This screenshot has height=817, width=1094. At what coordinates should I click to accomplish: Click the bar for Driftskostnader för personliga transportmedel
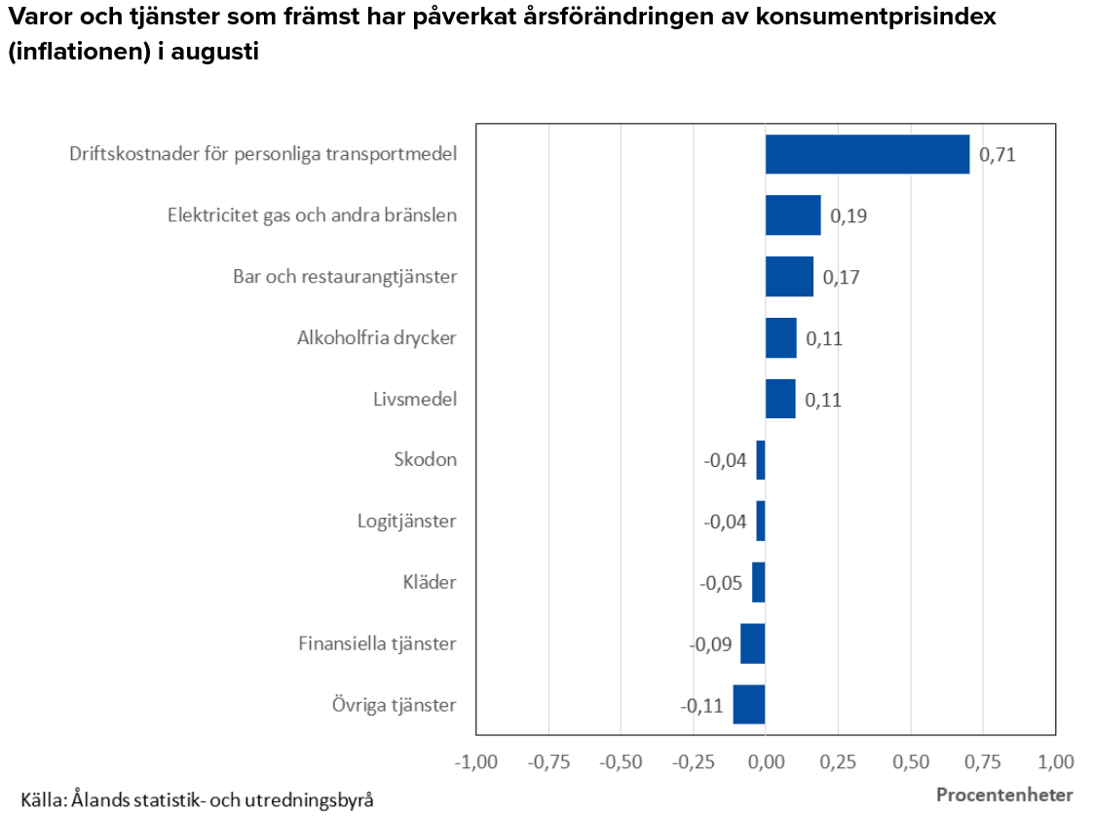click(867, 154)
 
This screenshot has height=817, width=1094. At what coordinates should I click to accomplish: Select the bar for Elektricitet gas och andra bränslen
click(793, 215)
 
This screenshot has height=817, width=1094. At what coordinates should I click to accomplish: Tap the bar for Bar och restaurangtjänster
click(789, 277)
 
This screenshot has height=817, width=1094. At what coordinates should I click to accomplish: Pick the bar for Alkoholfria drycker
click(780, 338)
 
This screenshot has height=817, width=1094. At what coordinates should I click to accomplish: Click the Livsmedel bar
click(780, 399)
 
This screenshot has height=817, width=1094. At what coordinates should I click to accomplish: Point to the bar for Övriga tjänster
click(748, 705)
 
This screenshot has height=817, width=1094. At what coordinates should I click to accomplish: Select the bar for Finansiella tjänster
click(753, 643)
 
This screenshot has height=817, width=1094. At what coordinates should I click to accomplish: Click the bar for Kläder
click(759, 582)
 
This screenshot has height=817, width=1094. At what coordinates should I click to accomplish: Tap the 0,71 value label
click(997, 154)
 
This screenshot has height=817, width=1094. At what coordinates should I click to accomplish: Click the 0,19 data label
click(849, 215)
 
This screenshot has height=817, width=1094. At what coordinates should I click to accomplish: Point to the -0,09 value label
click(710, 643)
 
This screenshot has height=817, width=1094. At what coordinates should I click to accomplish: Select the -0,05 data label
click(721, 583)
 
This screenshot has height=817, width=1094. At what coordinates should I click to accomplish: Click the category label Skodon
click(426, 459)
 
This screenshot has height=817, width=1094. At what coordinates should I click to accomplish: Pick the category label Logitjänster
click(407, 522)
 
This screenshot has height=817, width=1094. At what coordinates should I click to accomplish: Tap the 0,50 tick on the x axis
click(911, 761)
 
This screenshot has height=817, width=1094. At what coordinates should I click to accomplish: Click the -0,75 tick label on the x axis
click(549, 761)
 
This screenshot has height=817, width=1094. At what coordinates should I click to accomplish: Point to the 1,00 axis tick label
click(1056, 761)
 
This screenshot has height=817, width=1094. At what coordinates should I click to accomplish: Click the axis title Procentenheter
click(1004, 795)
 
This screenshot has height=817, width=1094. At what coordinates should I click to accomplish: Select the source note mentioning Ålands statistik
click(198, 799)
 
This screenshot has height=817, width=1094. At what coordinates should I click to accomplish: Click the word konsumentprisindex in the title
click(876, 17)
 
